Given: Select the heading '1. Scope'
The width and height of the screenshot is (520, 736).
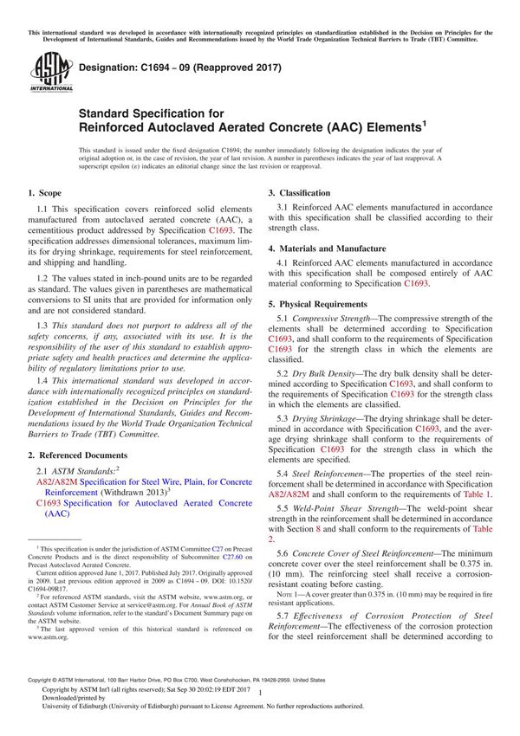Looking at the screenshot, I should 44,192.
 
